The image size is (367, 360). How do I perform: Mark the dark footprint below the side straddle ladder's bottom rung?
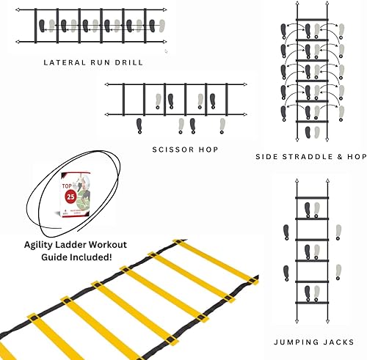308,132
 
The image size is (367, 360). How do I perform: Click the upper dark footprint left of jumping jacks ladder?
285,232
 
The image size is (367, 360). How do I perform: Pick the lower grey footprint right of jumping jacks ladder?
338,272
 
